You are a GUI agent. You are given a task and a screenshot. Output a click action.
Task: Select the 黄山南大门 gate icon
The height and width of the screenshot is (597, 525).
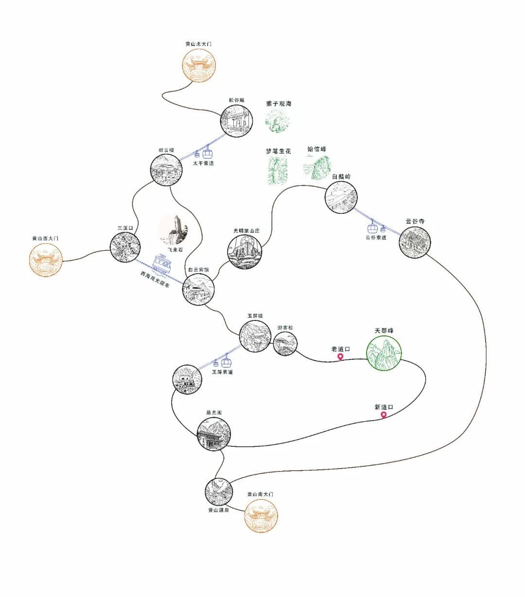click(x=262, y=515)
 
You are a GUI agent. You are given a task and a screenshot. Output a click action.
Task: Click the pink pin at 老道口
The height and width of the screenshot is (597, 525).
click(x=340, y=357)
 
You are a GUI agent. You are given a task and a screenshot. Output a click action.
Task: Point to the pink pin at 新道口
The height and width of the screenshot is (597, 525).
click(x=384, y=415)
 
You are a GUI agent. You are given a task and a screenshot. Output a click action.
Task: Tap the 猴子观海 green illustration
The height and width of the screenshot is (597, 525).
click(x=278, y=122)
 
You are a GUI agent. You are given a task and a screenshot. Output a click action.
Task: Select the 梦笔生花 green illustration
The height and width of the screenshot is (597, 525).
click(x=278, y=171)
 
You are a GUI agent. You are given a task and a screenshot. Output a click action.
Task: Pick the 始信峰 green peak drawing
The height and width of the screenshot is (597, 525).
click(x=317, y=168)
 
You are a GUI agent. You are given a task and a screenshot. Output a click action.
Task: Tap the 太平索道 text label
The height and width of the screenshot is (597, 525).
click(x=203, y=163)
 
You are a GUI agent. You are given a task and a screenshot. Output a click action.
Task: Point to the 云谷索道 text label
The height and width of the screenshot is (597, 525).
click(x=376, y=237)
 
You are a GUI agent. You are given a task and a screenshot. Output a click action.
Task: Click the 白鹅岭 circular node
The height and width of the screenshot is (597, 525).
click(x=341, y=197)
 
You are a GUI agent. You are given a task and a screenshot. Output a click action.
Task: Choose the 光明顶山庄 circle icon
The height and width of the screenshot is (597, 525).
click(x=245, y=252)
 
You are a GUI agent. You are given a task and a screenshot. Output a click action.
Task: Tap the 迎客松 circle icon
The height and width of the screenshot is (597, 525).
click(x=285, y=344)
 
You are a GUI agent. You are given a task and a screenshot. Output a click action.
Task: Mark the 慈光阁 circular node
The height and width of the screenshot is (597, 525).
click(x=213, y=434)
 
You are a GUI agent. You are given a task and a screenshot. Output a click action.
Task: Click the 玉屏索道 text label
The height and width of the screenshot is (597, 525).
click(x=222, y=372)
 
